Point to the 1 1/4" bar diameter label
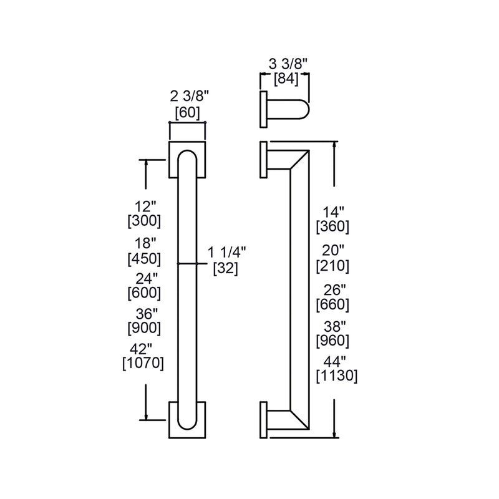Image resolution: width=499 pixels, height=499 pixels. click(227, 252)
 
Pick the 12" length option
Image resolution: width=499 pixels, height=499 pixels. click(144, 205)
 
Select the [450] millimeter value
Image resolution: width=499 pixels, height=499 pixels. click(144, 257)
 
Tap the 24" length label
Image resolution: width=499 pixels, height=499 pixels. click(144, 276)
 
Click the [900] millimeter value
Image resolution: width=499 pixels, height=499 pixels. click(144, 327)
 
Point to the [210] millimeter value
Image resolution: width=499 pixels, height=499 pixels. click(332, 266)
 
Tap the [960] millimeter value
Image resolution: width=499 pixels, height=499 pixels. click(332, 341)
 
